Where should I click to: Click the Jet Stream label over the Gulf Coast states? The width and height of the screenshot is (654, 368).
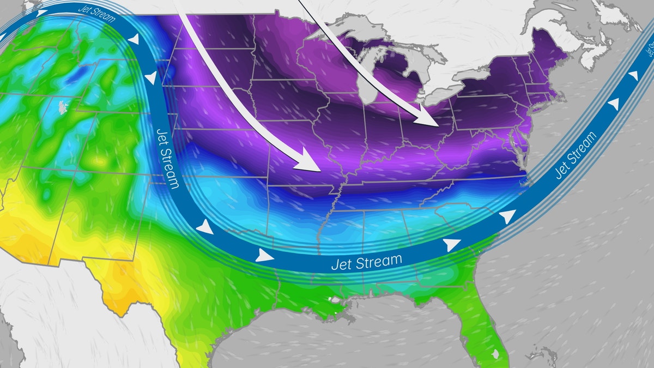(x=366, y=263)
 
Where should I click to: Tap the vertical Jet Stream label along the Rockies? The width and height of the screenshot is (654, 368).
(x=166, y=158)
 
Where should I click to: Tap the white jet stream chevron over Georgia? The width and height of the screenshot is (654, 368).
(x=451, y=245)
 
